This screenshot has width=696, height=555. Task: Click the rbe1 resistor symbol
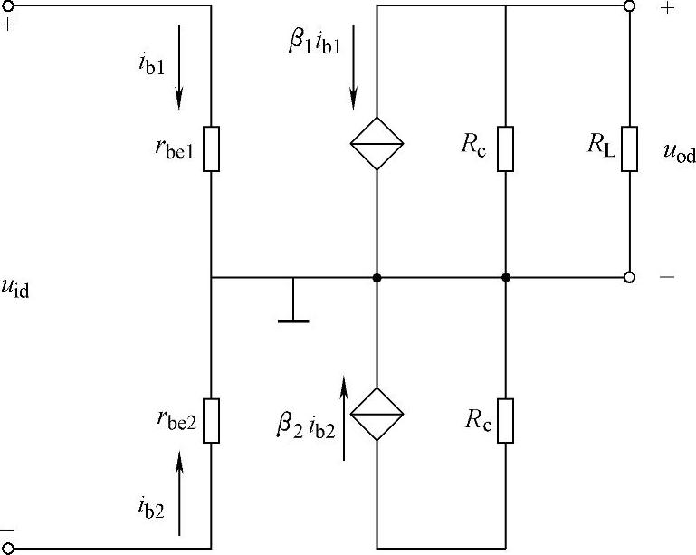(x=211, y=148)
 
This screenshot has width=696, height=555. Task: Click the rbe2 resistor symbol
(x=211, y=420)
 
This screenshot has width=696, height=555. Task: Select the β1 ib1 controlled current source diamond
(x=377, y=145)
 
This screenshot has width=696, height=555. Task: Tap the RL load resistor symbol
(x=630, y=148)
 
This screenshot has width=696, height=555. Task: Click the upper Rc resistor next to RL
(x=505, y=148)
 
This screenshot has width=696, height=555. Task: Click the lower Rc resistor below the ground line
(x=505, y=420)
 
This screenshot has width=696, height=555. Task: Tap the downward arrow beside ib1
(x=180, y=67)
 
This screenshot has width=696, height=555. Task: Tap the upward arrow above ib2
(x=180, y=494)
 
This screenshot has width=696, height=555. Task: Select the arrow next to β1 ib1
(x=353, y=67)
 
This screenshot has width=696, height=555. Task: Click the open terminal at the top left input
(x=9, y=5)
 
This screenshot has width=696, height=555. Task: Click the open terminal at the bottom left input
(x=9, y=548)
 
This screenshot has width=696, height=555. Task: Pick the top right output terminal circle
(x=630, y=5)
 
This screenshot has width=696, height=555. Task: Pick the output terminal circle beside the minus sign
(x=630, y=277)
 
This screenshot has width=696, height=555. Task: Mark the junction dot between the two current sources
(x=377, y=277)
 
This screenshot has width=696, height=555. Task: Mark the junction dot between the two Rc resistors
(x=505, y=277)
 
